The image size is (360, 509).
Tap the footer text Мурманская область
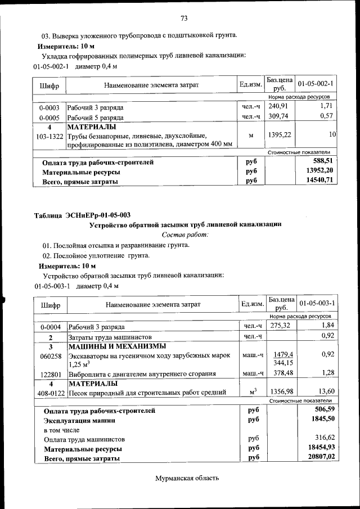(x=186, y=478)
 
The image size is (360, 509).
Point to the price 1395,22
(x=279, y=135)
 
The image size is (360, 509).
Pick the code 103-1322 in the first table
(x=49, y=136)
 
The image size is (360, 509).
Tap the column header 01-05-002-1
(x=316, y=84)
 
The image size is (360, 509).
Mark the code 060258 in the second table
(x=50, y=355)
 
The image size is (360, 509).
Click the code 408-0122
(x=51, y=393)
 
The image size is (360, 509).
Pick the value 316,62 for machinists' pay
(x=323, y=439)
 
